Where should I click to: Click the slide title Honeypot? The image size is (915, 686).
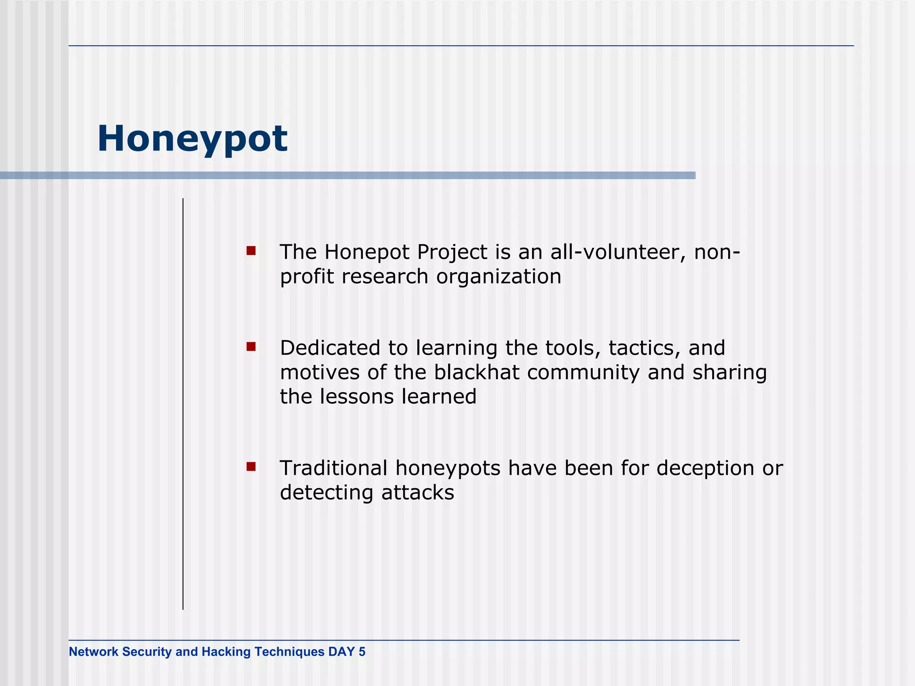tap(192, 139)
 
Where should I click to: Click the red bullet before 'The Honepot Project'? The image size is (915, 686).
tap(251, 251)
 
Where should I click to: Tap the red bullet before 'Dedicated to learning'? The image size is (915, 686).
tap(251, 347)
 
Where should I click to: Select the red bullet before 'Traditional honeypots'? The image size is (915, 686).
tap(251, 467)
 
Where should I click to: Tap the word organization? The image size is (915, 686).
tap(499, 277)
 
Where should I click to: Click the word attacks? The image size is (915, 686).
tap(417, 493)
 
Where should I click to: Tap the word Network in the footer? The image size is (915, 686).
tap(93, 652)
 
